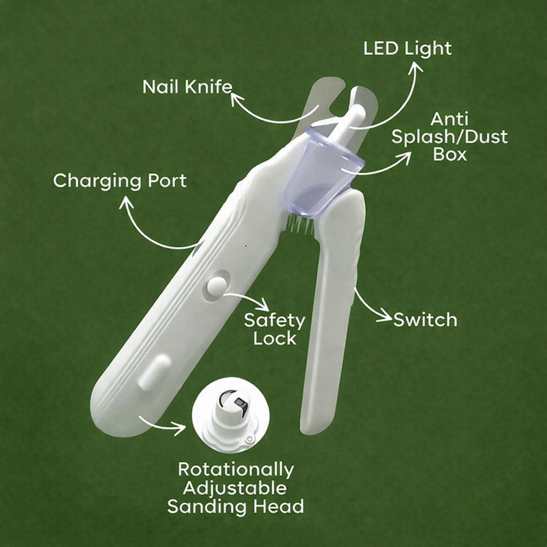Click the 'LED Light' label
tap(407, 49)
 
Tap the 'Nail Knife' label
tap(187, 87)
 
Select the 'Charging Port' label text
tap(120, 181)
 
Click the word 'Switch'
tap(425, 320)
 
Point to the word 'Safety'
tap(275, 321)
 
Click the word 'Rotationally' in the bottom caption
tap(236, 470)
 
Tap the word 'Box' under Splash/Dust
tap(450, 154)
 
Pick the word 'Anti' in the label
tap(450, 119)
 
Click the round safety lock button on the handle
tap(216, 287)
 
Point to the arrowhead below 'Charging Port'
tap(126, 202)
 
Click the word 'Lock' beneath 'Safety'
tap(275, 339)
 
